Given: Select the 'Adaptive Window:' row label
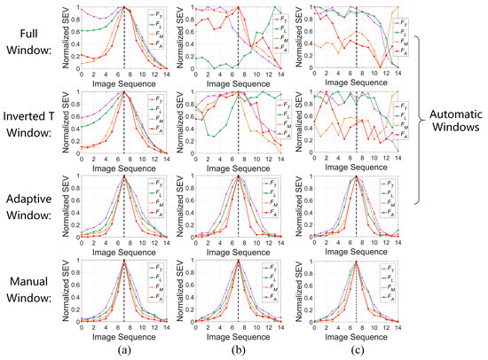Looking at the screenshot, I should [x=31, y=207].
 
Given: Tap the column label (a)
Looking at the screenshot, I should [x=124, y=350].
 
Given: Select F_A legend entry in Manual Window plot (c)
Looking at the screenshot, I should [x=390, y=298].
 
